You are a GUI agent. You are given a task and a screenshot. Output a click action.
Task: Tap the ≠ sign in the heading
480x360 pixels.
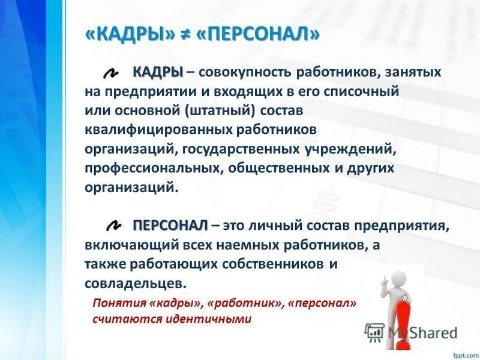pyautogui.click(x=185, y=34)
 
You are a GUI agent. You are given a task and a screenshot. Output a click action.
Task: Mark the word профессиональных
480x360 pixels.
pyautogui.click(x=154, y=168)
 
